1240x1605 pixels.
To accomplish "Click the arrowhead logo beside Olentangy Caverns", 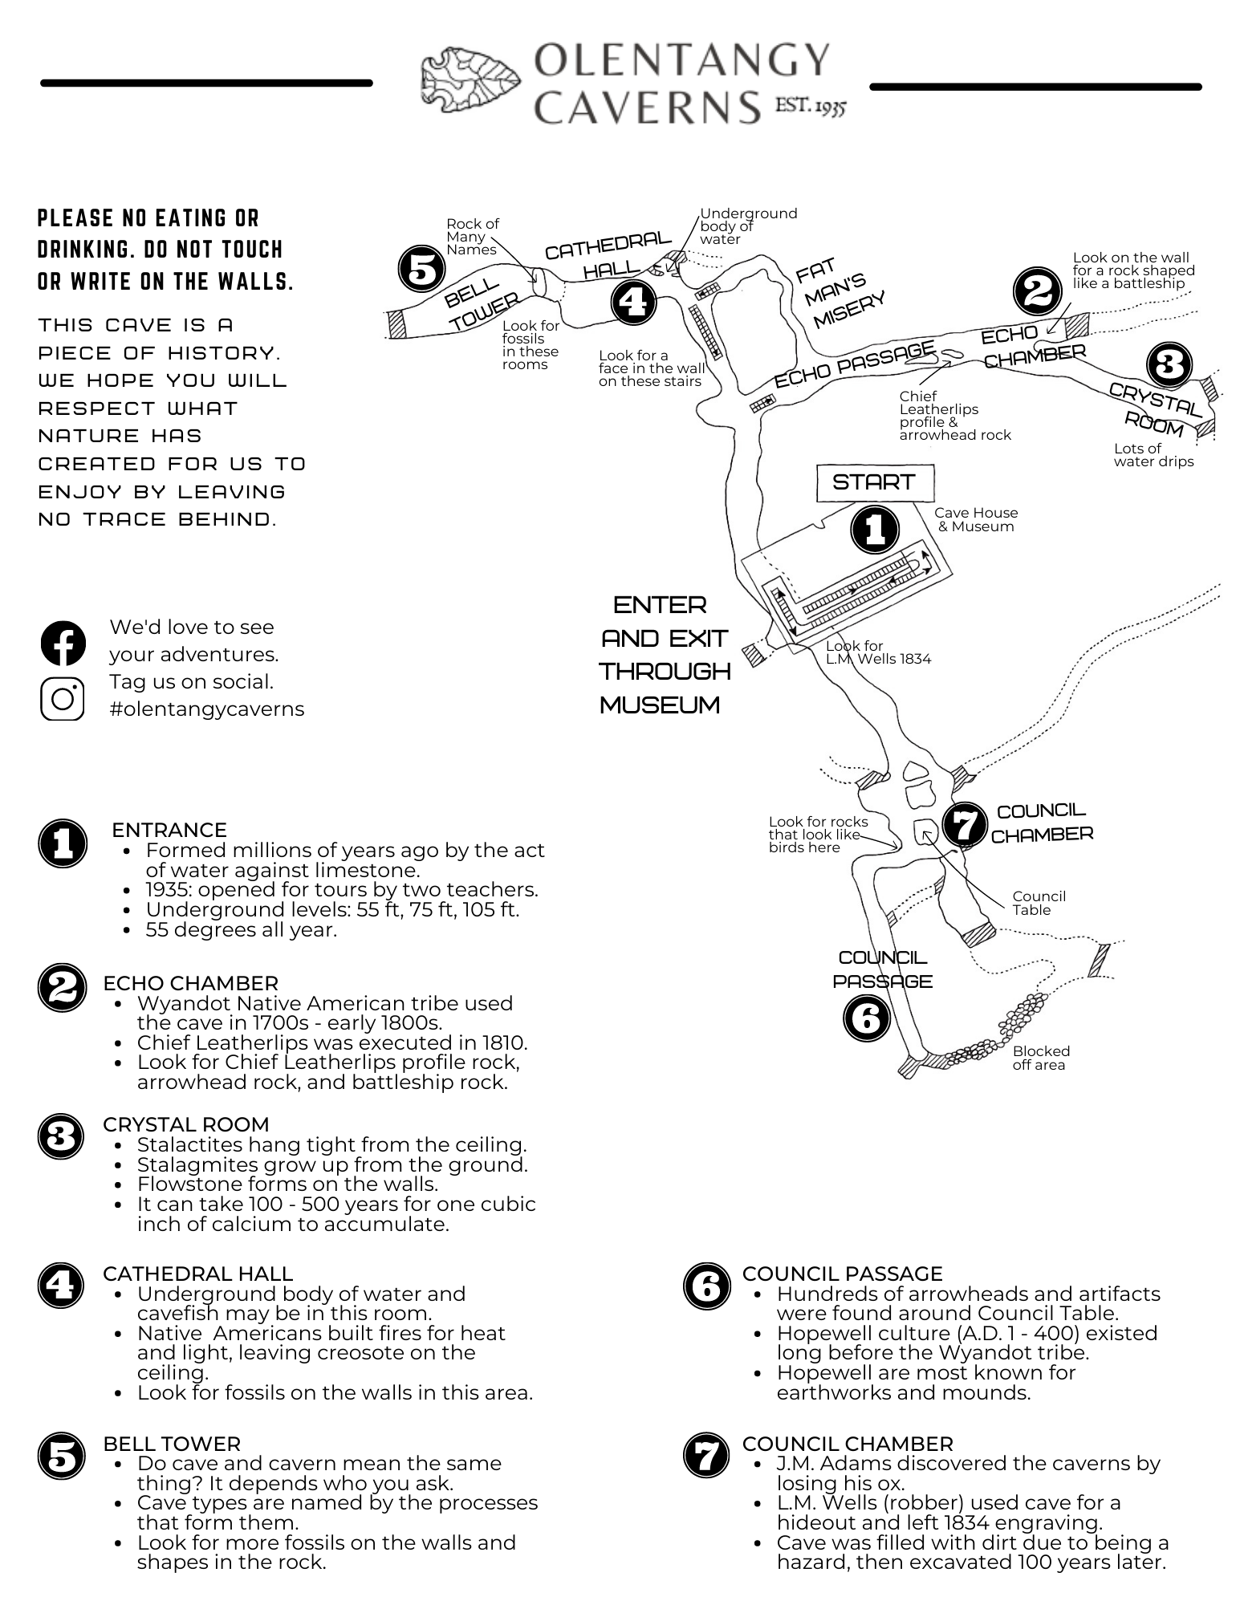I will (471, 79).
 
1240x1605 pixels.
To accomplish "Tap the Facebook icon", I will (63, 643).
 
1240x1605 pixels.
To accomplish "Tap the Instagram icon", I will (63, 698).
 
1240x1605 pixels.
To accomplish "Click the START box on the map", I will (875, 482).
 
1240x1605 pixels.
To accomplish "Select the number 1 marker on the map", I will (875, 529).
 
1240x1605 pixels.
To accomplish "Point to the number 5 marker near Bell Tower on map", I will (422, 269).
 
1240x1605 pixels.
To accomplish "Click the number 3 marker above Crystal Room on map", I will (1169, 365).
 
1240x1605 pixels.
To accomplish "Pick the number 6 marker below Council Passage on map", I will (867, 1018).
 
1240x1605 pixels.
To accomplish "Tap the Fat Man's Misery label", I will (840, 293).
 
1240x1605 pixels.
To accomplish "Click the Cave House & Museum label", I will (976, 519).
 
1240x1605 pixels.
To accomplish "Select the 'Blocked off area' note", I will (1040, 1058).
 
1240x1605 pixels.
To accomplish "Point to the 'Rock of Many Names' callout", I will (472, 237).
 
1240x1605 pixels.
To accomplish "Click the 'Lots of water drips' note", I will (1153, 455).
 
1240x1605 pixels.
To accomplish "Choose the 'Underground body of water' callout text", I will (747, 226).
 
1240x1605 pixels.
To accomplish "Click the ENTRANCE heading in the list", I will (169, 830).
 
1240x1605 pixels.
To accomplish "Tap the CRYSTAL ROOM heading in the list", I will (185, 1124).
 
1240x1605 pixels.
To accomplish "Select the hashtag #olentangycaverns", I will (206, 709).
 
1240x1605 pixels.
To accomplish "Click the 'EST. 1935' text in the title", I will (810, 106).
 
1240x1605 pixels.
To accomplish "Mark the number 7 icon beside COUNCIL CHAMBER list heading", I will (706, 1456).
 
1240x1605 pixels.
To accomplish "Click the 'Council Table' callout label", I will (1039, 903).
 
